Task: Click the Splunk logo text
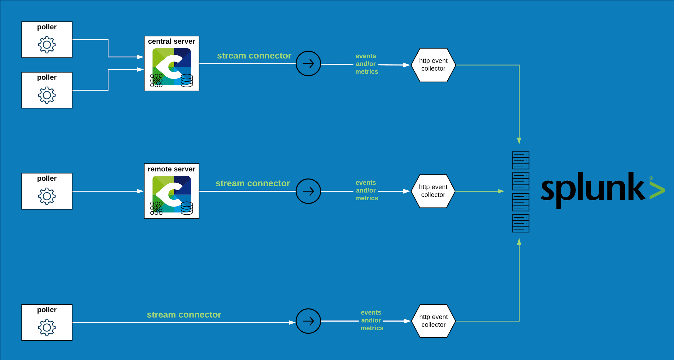point(593,190)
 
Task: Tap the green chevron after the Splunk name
point(657,190)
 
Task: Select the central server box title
point(171,41)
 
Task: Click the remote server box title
point(171,169)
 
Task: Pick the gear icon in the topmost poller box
point(47,44)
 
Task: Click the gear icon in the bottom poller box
point(47,327)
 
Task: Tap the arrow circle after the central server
point(308,63)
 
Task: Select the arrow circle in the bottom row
point(308,321)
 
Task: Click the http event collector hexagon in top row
point(433,65)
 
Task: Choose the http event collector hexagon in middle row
point(433,191)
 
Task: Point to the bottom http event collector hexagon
point(433,321)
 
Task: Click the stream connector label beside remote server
point(253,183)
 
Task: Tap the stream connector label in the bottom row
point(184,315)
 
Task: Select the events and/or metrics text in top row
point(366,64)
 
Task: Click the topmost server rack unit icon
point(521,160)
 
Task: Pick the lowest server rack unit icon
point(521,223)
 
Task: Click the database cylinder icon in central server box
point(187,80)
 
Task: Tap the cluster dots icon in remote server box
point(156,208)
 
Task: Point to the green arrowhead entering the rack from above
point(519,141)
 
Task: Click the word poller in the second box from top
point(47,78)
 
